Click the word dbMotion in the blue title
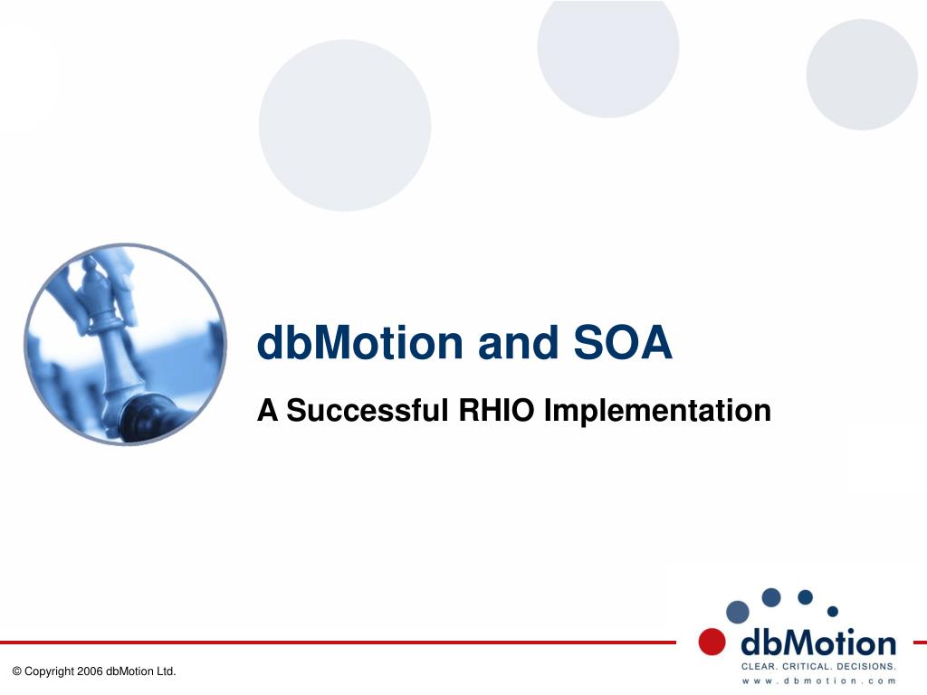coord(360,342)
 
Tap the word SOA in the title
coord(623,342)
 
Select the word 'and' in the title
coord(518,342)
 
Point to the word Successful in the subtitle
coord(368,410)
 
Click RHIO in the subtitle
coord(496,410)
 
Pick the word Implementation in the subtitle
coord(657,411)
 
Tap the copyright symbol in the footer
coord(16,671)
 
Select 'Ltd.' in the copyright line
coord(167,671)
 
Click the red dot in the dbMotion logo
coord(712,642)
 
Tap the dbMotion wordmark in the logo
coord(818,643)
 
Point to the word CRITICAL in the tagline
coord(807,667)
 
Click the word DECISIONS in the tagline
coord(866,667)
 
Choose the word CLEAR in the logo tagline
coord(760,667)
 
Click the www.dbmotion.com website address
coord(818,681)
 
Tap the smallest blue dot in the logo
coord(833,611)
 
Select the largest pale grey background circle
coord(345,125)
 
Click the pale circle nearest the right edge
coord(862,74)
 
